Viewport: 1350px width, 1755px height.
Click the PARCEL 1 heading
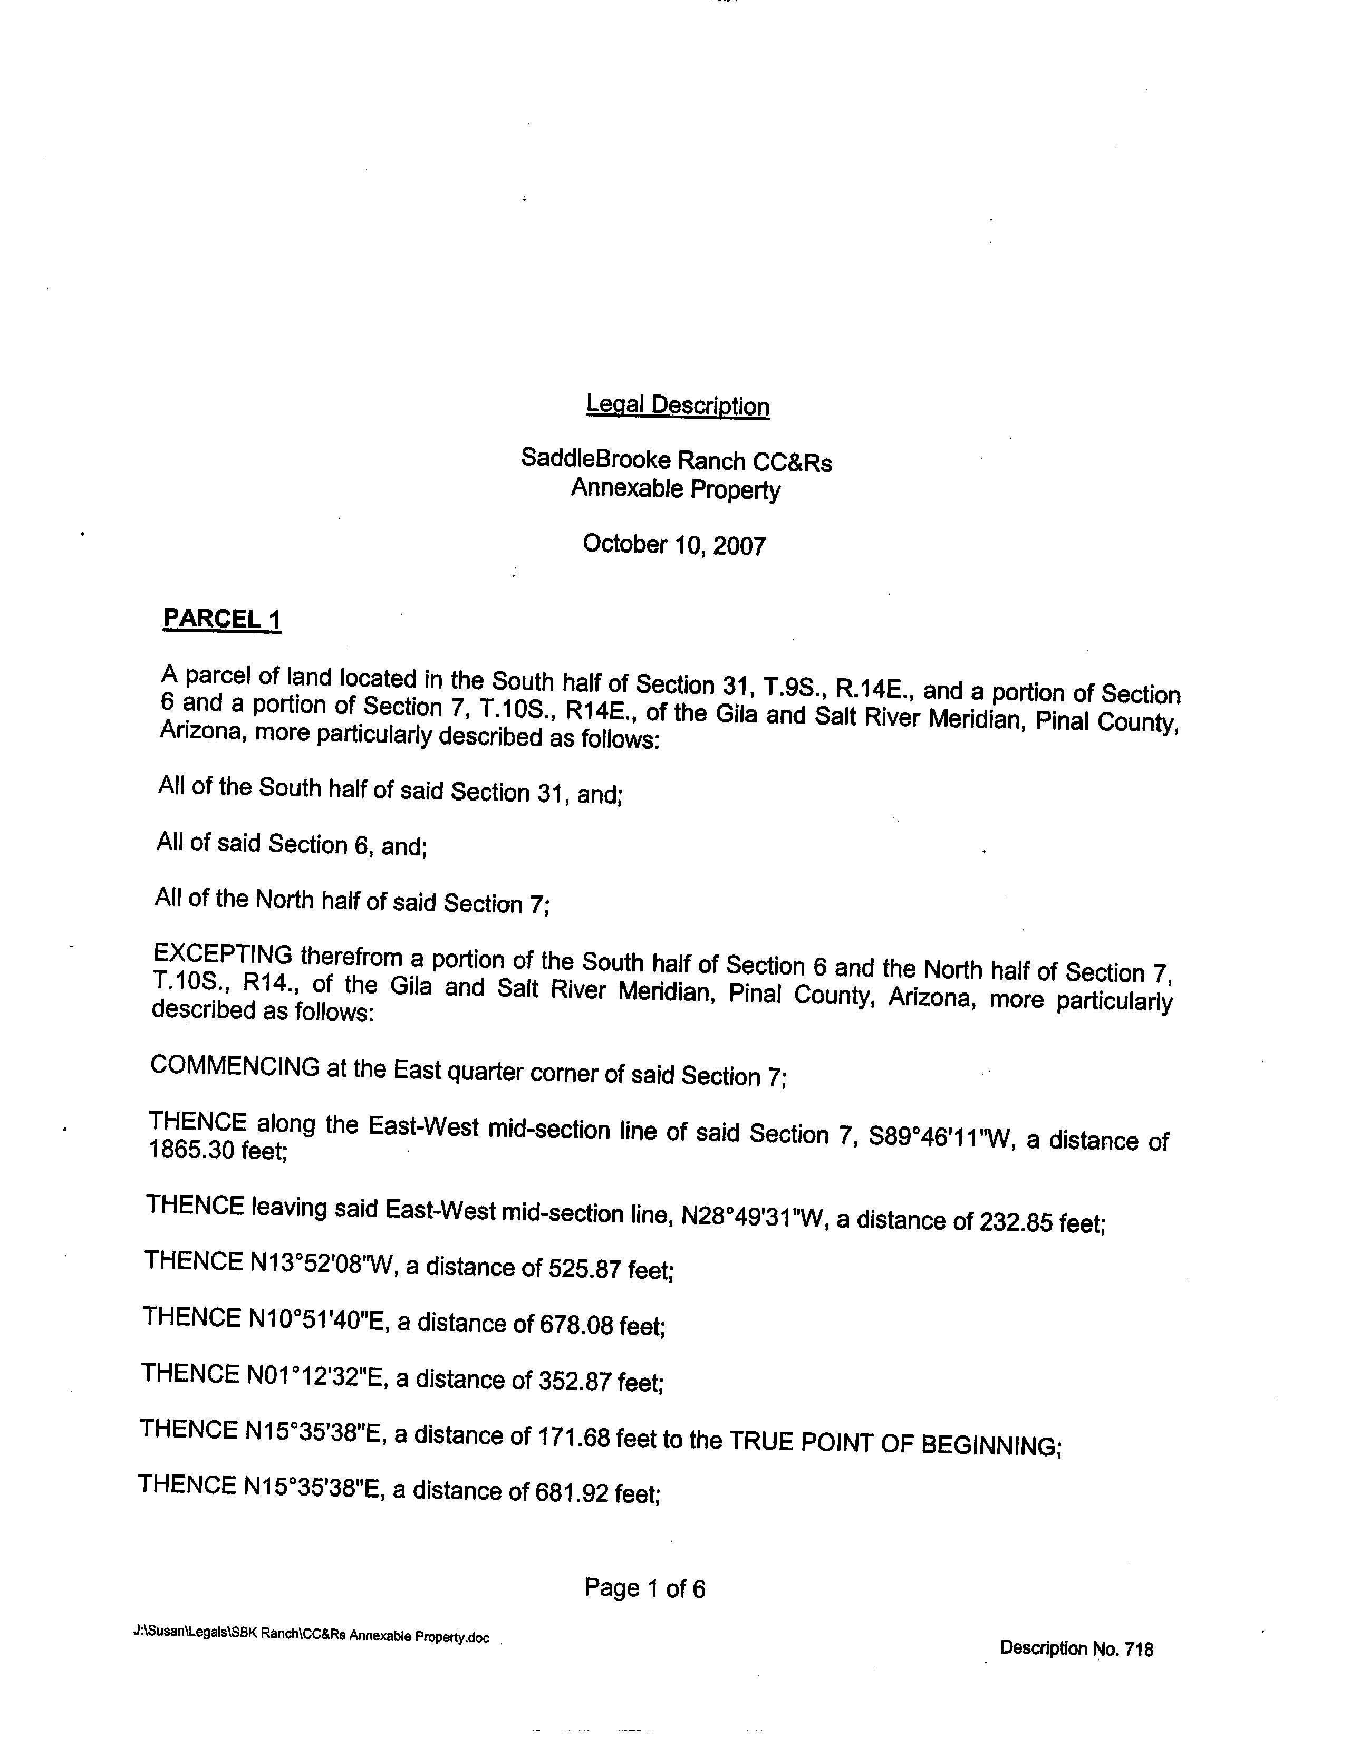(222, 619)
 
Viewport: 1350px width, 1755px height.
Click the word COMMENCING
(235, 1066)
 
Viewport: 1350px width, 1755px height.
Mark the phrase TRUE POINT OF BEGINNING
(894, 1444)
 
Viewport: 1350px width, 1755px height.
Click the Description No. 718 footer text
(1076, 1649)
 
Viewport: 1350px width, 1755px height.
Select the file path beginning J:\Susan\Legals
(311, 1636)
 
